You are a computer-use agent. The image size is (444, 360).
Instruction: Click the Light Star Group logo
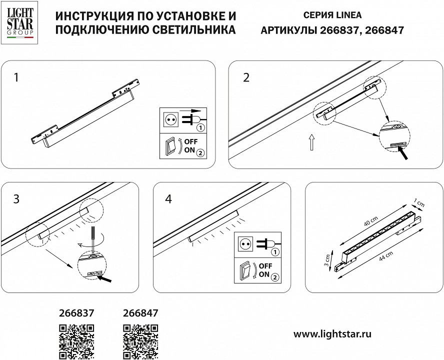point(19,22)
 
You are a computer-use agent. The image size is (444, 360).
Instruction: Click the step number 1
point(16,77)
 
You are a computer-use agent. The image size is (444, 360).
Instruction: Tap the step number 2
point(246,77)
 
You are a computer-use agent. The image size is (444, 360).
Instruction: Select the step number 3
point(16,199)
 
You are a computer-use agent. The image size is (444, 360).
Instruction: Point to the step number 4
point(168,199)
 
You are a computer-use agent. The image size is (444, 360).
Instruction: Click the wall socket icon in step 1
point(170,120)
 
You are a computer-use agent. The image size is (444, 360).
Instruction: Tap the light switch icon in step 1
point(170,146)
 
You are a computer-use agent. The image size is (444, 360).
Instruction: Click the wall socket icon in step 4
point(245,244)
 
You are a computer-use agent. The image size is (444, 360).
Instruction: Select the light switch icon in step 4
point(245,271)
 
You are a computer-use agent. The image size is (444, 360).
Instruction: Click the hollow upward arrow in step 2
point(311,142)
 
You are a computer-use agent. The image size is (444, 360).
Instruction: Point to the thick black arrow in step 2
point(402,153)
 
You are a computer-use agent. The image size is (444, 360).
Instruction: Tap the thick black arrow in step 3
point(104,279)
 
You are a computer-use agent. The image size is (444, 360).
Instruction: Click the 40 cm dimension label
point(371,221)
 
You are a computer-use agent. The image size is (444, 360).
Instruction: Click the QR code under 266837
point(76,342)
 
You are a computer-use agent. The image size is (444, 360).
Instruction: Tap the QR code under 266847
point(140,342)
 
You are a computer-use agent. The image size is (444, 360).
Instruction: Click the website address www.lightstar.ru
point(332,334)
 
